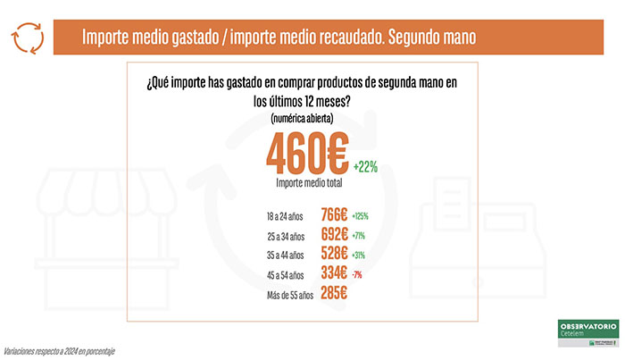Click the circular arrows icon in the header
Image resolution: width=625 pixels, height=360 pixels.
pyautogui.click(x=28, y=38)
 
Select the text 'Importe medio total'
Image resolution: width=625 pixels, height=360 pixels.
pyautogui.click(x=306, y=183)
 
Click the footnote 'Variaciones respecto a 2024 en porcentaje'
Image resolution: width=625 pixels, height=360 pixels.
pyautogui.click(x=59, y=350)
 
